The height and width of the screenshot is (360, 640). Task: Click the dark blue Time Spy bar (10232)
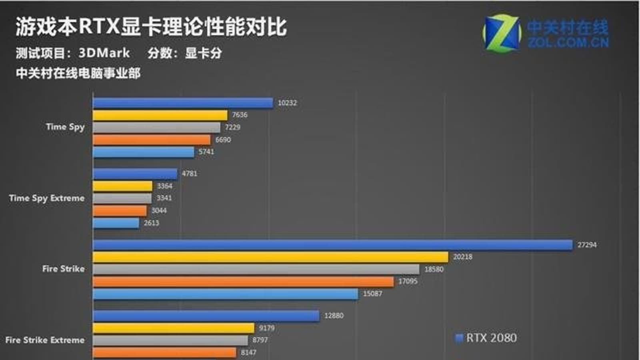pyautogui.click(x=183, y=103)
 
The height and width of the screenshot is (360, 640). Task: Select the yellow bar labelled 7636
pyautogui.click(x=160, y=115)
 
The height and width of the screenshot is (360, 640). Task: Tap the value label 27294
pyautogui.click(x=587, y=245)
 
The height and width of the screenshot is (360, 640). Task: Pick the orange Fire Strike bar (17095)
pyautogui.click(x=243, y=282)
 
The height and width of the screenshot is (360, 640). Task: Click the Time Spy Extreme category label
pyautogui.click(x=47, y=198)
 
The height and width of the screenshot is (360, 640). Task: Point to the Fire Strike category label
pyautogui.click(x=63, y=269)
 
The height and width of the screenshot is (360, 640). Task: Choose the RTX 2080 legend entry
pyautogui.click(x=486, y=338)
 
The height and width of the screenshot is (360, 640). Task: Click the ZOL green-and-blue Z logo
pyautogui.click(x=502, y=33)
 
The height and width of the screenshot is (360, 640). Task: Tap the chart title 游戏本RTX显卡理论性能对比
pyautogui.click(x=151, y=27)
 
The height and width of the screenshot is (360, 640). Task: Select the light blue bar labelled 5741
pyautogui.click(x=143, y=152)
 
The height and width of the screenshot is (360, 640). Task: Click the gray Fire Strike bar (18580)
pyautogui.click(x=256, y=269)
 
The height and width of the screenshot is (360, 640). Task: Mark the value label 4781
pyautogui.click(x=190, y=174)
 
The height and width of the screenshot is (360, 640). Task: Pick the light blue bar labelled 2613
pyautogui.click(x=116, y=223)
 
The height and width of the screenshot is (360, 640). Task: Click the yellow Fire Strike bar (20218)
pyautogui.click(x=270, y=257)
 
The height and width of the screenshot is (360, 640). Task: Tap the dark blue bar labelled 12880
pyautogui.click(x=206, y=316)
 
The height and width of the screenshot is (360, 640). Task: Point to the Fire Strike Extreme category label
pyautogui.click(x=45, y=340)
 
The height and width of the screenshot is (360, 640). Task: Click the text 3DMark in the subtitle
pyautogui.click(x=104, y=53)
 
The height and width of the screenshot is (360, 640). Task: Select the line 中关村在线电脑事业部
pyautogui.click(x=78, y=73)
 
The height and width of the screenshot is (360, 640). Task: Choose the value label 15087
pyautogui.click(x=372, y=294)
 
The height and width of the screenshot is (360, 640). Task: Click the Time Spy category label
pyautogui.click(x=65, y=127)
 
